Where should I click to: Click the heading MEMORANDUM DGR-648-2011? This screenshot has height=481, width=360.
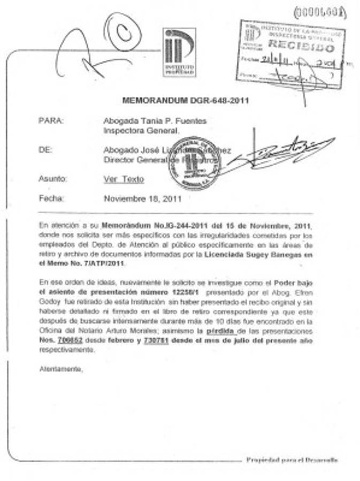tap(186, 100)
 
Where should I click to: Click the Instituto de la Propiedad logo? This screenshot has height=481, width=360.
tap(179, 52)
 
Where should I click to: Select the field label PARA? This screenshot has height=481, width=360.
tap(51, 121)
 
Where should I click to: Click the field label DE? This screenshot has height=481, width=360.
tap(45, 150)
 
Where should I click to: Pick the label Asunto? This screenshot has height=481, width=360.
tap(53, 179)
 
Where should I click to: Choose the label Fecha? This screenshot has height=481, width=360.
tap(51, 198)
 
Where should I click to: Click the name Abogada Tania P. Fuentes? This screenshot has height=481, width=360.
tap(155, 121)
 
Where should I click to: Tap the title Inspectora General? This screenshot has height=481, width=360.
tap(142, 130)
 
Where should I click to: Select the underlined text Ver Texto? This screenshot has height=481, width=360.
tap(124, 180)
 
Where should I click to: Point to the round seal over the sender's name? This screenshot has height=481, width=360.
tap(194, 163)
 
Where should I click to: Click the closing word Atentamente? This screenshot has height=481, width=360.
tap(61, 369)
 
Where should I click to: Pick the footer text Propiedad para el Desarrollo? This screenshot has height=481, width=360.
tap(292, 460)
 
